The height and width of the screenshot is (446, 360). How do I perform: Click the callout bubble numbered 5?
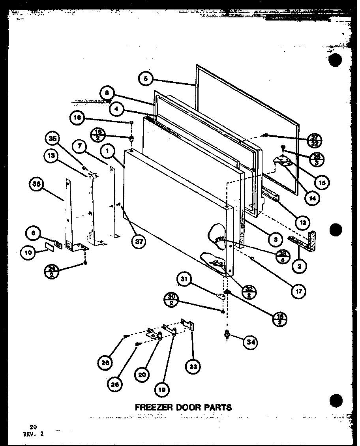click(x=146, y=79)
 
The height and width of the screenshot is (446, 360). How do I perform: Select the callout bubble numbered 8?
click(x=107, y=94)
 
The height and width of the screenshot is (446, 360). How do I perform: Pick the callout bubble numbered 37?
click(x=139, y=242)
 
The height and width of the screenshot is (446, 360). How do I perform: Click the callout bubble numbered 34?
click(x=250, y=342)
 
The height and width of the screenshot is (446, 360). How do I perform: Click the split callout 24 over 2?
click(x=52, y=271)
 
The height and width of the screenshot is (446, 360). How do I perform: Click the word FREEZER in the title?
click(x=152, y=407)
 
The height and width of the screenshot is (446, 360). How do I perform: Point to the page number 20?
click(x=33, y=427)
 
